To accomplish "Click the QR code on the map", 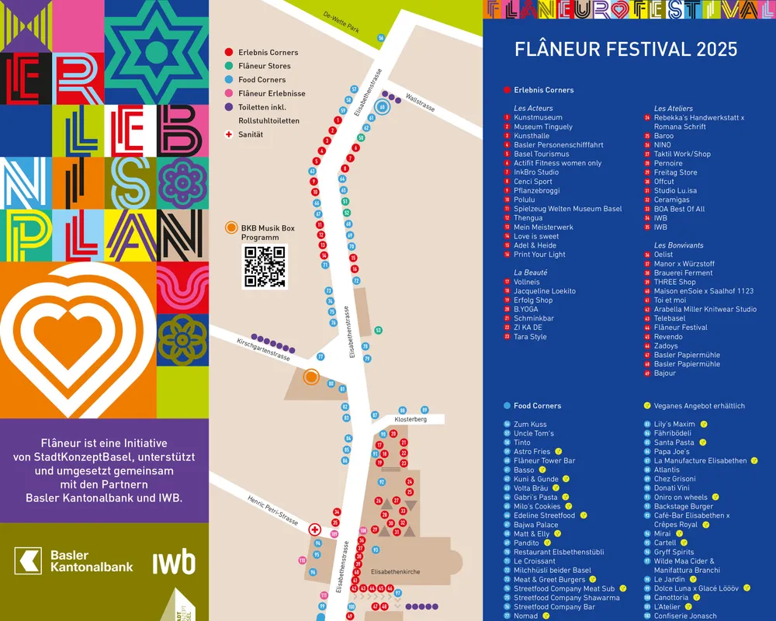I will [265, 267].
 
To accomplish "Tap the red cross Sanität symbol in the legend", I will [228, 134].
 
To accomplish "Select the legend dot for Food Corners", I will [228, 80].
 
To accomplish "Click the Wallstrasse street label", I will [421, 103].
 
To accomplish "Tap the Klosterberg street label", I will [411, 419].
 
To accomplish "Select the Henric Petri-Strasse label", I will [273, 510].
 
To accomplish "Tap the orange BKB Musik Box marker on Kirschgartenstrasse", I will [311, 377].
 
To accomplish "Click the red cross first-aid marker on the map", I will [315, 530].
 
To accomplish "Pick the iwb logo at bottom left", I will [174, 562].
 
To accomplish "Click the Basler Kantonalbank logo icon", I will [29, 561].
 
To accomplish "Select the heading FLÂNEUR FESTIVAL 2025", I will [626, 50].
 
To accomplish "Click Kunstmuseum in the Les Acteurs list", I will [538, 118].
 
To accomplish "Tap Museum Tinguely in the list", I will [542, 127].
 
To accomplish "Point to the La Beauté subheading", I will [530, 273].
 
